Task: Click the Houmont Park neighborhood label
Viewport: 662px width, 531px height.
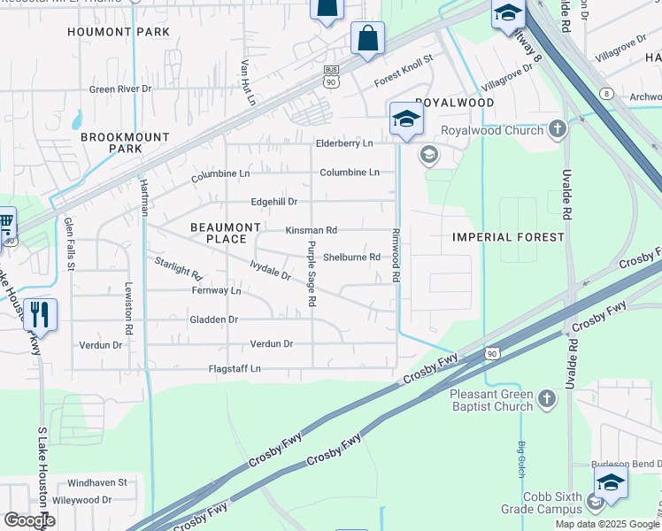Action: (x=119, y=32)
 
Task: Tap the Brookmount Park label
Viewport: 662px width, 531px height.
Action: (x=112, y=143)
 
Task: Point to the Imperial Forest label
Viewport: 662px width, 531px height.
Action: (x=508, y=237)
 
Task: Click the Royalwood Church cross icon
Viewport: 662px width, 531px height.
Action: (x=557, y=130)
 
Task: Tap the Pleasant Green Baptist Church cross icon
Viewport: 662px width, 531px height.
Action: (x=547, y=400)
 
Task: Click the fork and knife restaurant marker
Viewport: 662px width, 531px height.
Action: (x=40, y=315)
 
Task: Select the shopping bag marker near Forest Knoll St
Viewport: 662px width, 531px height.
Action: (x=367, y=39)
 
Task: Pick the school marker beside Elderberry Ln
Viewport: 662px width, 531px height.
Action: (x=405, y=119)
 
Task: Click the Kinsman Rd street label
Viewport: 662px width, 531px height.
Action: (x=311, y=230)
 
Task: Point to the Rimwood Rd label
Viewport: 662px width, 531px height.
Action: (x=396, y=257)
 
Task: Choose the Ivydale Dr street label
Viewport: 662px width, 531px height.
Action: (x=270, y=270)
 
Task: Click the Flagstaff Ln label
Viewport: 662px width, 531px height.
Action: (x=235, y=368)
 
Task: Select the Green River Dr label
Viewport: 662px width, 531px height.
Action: (x=120, y=89)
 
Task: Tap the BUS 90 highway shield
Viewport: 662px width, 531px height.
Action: (x=331, y=76)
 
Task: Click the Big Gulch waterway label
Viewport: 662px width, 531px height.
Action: (x=522, y=451)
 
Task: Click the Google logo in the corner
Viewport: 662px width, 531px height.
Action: (x=29, y=520)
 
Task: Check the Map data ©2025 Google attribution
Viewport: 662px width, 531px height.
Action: (x=607, y=524)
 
